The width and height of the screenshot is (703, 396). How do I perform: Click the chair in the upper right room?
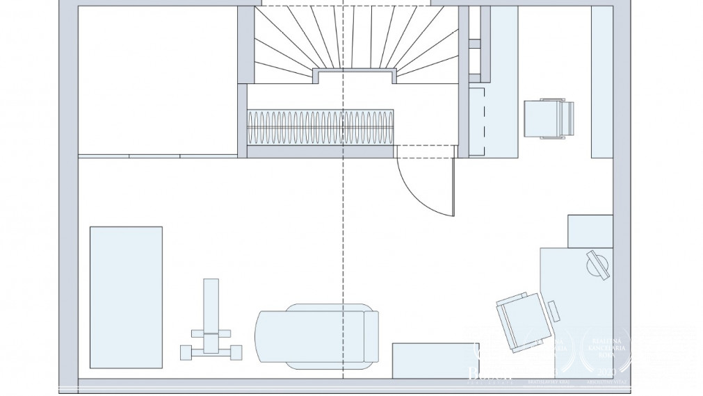tap(549, 119)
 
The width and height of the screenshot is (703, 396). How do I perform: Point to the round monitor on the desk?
tap(598, 265)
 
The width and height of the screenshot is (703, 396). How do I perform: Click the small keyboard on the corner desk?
tap(553, 311)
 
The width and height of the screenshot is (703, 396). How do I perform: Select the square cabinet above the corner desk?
tap(590, 231)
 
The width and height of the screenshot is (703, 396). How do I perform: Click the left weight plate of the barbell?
tap(186, 352)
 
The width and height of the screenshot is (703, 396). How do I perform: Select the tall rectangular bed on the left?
tap(126, 297)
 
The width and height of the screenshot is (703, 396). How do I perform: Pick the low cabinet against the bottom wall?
tap(435, 361)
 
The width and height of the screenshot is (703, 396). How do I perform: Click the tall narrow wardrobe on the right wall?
tap(601, 82)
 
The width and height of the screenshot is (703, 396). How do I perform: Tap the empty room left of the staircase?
tap(156, 80)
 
